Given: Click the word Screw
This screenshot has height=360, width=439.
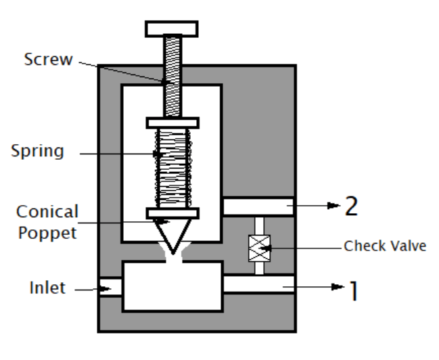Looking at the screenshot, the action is point(49,60).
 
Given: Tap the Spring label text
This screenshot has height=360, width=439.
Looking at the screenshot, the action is point(37,152).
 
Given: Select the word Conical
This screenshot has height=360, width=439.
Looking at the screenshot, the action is point(47,212).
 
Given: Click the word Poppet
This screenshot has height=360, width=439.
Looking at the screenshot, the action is point(47,233).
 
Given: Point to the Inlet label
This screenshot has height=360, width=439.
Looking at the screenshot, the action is point(47,288).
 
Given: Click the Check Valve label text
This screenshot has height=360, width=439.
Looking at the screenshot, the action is point(385,246).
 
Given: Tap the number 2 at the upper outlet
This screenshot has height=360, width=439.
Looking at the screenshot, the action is point(351,206).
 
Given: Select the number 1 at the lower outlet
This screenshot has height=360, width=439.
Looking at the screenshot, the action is point(354,291).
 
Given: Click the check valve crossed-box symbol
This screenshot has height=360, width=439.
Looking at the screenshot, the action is point(260,248).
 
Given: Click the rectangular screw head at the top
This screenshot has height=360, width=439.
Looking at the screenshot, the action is point(172,29).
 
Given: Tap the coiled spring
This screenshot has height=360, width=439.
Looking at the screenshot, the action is point(172,168).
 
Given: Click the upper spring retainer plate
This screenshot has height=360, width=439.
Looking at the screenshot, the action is point(172,123).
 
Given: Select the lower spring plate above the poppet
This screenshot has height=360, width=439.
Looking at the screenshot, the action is point(172,213).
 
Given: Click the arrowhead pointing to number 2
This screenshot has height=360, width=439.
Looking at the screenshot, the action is point(333,206).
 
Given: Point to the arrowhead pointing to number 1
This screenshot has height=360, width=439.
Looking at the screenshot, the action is point(338,287).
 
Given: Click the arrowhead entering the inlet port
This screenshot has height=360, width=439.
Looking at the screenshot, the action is point(106,288).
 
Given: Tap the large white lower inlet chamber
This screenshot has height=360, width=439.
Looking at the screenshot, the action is point(172,287).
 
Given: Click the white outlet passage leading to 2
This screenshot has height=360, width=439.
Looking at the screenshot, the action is point(258,206).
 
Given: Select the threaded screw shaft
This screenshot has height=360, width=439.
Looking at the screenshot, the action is point(172,76).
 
